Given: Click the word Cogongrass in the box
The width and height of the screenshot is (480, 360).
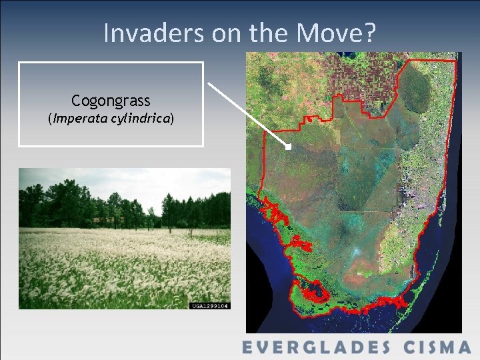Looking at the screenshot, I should (111, 101).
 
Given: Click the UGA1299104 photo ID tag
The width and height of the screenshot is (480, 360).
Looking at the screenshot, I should (210, 305).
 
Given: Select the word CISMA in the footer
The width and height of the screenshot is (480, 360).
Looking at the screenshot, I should (437, 347).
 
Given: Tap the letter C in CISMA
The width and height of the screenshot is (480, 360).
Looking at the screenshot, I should (407, 347).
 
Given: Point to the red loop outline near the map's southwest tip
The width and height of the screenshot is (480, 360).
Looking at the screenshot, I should (313, 291).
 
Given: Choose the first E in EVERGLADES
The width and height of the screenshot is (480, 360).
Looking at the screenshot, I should (249, 347).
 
